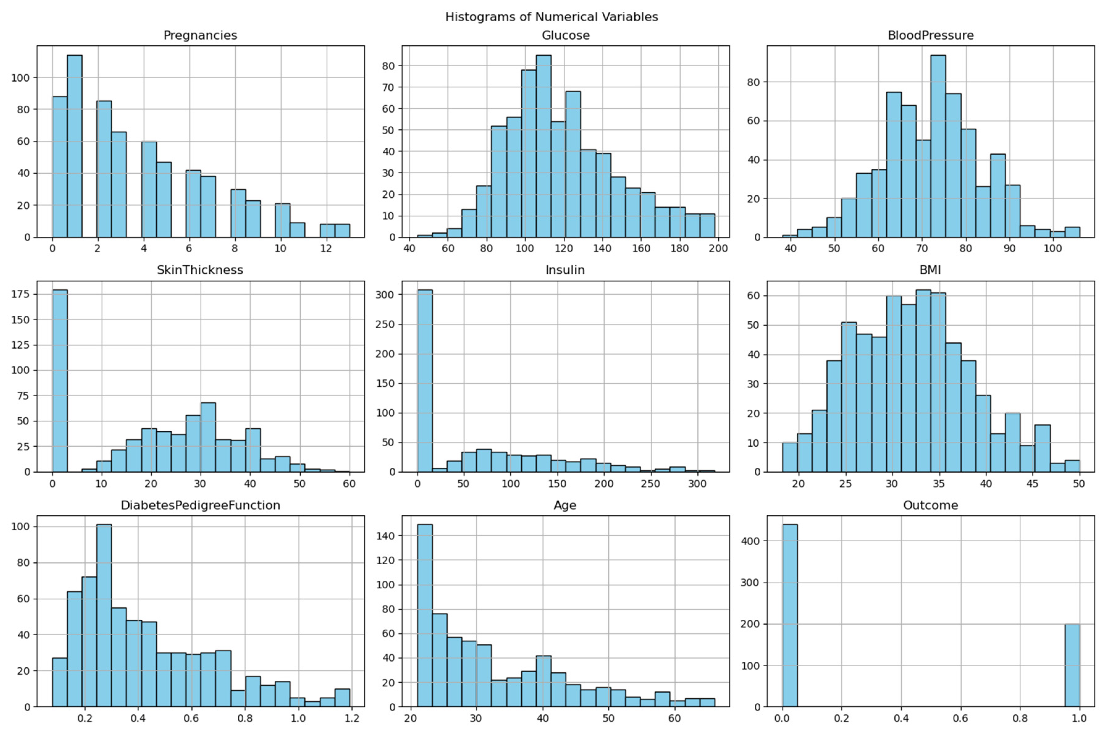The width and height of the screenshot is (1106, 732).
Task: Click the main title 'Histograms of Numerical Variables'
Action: pyautogui.click(x=552, y=17)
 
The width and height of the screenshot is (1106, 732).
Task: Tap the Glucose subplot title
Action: pyautogui.click(x=565, y=35)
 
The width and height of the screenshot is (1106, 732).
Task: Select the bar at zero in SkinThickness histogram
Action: pyautogui.click(x=60, y=380)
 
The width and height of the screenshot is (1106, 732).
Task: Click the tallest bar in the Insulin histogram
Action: pyautogui.click(x=424, y=380)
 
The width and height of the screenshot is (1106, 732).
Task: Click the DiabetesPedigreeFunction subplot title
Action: pyautogui.click(x=200, y=506)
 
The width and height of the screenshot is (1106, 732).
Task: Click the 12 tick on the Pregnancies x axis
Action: pyautogui.click(x=326, y=249)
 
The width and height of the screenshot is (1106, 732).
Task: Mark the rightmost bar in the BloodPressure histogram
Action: pyautogui.click(x=1073, y=232)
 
